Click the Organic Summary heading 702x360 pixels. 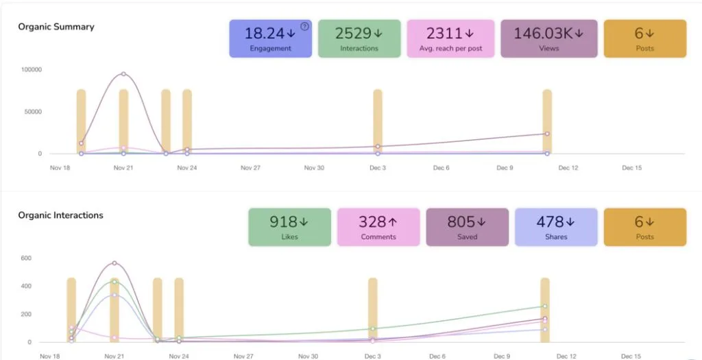pyautogui.click(x=56, y=27)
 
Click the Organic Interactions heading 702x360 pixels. pyautogui.click(x=60, y=215)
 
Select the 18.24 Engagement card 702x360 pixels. pyautogui.click(x=271, y=38)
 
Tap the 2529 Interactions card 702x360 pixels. pyautogui.click(x=359, y=38)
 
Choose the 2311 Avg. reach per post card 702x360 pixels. pyautogui.click(x=450, y=38)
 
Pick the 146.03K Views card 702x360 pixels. pyautogui.click(x=549, y=38)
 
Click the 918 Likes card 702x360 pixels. pyautogui.click(x=289, y=227)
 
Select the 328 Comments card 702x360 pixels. pyautogui.click(x=378, y=227)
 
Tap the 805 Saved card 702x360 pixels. pyautogui.click(x=467, y=227)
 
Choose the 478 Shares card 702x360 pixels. pyautogui.click(x=556, y=227)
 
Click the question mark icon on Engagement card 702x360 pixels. pyautogui.click(x=305, y=27)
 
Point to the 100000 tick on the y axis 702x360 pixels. pyautogui.click(x=32, y=70)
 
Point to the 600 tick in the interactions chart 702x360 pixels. pyautogui.click(x=25, y=259)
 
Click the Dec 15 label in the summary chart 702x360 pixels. pyautogui.click(x=631, y=167)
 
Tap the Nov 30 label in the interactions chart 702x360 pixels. pyautogui.click(x=308, y=356)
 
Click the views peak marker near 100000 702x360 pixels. pyautogui.click(x=123, y=73)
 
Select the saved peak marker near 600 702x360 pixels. pyautogui.click(x=114, y=263)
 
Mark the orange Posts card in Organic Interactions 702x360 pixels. pyautogui.click(x=644, y=227)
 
